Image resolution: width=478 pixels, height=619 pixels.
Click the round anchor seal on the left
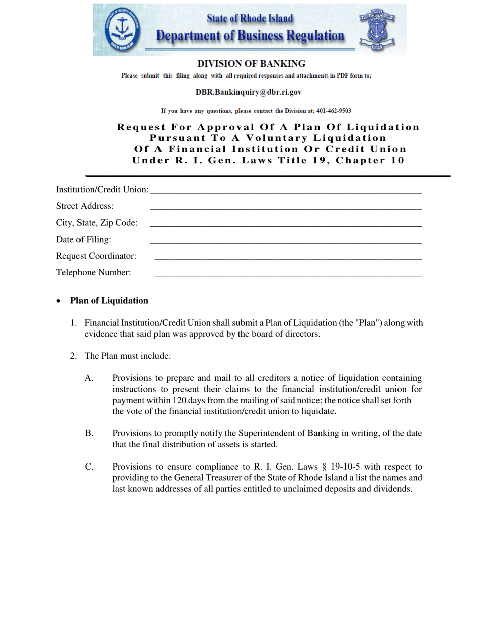click(120, 29)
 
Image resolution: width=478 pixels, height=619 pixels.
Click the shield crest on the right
click(375, 29)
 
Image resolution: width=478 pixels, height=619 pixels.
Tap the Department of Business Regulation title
click(250, 36)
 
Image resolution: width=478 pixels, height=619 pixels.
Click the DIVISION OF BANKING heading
click(251, 64)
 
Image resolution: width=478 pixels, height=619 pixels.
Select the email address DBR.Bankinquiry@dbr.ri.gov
click(249, 93)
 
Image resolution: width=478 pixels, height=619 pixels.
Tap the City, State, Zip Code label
click(97, 223)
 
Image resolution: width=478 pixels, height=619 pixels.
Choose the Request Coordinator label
click(96, 256)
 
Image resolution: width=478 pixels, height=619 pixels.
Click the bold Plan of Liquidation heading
click(109, 301)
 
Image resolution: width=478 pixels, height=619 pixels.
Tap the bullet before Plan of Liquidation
click(59, 301)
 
